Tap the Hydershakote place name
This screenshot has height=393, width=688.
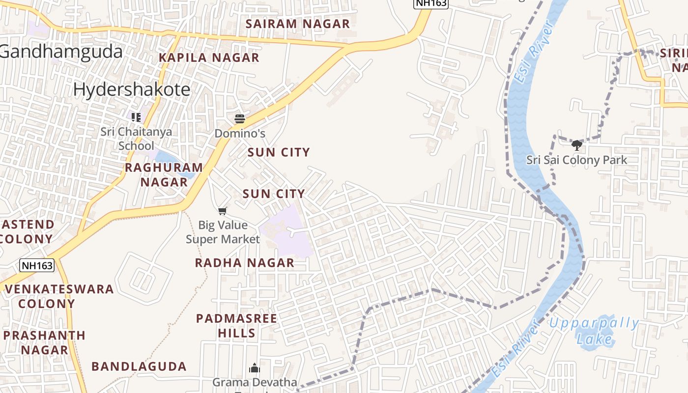pyautogui.click(x=132, y=89)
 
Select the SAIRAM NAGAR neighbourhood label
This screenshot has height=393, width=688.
pyautogui.click(x=298, y=24)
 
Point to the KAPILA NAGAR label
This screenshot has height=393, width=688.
pyautogui.click(x=209, y=57)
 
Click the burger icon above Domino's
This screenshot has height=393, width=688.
pyautogui.click(x=240, y=119)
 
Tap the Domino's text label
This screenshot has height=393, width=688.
pyautogui.click(x=240, y=133)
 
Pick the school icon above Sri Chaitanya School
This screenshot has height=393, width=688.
pyautogui.click(x=136, y=117)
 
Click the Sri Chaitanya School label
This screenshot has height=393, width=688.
pyautogui.click(x=136, y=139)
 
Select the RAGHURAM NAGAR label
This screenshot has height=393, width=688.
pyautogui.click(x=164, y=174)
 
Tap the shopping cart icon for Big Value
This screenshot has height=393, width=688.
pyautogui.click(x=223, y=211)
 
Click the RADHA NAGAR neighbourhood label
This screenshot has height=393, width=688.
pyautogui.click(x=245, y=263)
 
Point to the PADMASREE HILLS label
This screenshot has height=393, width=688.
pyautogui.click(x=237, y=326)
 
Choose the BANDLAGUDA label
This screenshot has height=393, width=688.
pyautogui.click(x=139, y=366)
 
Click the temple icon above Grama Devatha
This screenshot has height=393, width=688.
pyautogui.click(x=255, y=368)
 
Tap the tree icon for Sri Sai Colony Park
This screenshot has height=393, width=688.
pyautogui.click(x=577, y=145)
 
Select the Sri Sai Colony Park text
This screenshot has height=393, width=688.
pyautogui.click(x=577, y=160)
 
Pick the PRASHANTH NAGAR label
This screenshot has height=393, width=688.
pyautogui.click(x=44, y=342)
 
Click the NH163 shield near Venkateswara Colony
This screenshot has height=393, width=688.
pyautogui.click(x=37, y=266)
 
